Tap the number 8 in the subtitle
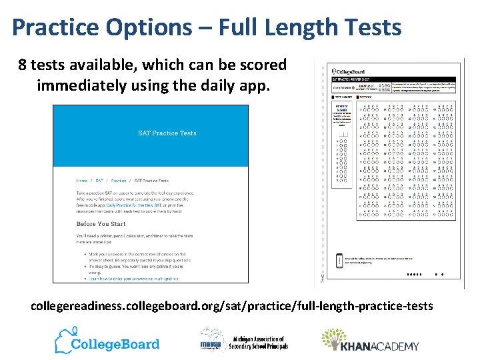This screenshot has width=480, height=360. pyautogui.click(x=23, y=65)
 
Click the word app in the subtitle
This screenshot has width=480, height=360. pyautogui.click(x=256, y=85)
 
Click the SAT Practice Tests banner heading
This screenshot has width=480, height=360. pyautogui.click(x=167, y=133)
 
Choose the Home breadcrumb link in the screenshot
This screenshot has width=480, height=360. pyautogui.click(x=81, y=181)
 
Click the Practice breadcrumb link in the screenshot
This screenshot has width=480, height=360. pyautogui.click(x=119, y=181)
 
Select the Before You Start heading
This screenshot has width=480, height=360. pyautogui.click(x=101, y=224)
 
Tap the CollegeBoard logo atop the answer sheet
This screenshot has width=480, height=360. pyautogui.click(x=351, y=71)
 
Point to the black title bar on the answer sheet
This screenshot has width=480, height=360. pyautogui.click(x=393, y=79)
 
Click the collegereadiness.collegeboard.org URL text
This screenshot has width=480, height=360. pyautogui.click(x=231, y=307)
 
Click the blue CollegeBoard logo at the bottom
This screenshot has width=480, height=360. pyautogui.click(x=107, y=341)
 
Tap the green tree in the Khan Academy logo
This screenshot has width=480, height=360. pyautogui.click(x=331, y=339)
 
